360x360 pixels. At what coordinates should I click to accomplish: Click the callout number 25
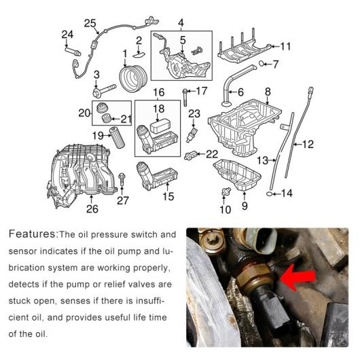click(90, 23)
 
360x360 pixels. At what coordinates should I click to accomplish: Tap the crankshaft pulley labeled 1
click(133, 79)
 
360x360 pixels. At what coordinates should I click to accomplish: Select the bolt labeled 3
click(104, 90)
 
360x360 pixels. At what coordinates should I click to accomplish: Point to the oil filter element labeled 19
click(118, 137)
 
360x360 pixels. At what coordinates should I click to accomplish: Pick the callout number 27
click(123, 200)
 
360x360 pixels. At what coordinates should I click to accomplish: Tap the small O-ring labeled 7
click(262, 63)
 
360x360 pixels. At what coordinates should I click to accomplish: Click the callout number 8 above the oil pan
click(268, 92)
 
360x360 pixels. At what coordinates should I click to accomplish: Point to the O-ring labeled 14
click(270, 194)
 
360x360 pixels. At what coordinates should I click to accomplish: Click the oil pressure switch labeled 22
click(191, 156)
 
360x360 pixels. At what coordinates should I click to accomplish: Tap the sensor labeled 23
click(192, 135)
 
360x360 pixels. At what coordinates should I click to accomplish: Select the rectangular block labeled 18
click(160, 126)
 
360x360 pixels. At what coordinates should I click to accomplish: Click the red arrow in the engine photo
click(298, 276)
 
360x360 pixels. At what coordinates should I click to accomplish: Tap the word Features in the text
click(32, 234)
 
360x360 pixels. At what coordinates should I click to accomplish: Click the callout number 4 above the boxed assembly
click(181, 23)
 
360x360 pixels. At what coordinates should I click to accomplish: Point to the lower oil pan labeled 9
click(237, 175)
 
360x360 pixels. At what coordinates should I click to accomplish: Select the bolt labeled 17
click(185, 97)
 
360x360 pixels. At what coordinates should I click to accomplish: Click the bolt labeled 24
click(73, 51)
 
